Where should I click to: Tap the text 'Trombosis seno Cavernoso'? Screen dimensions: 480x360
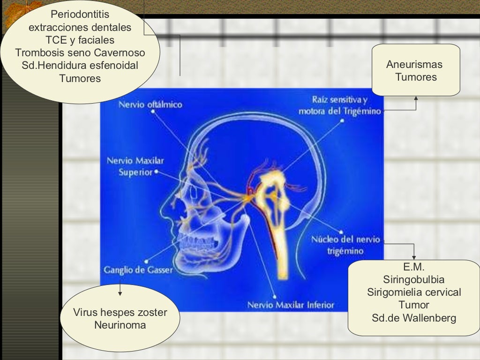point(80,53)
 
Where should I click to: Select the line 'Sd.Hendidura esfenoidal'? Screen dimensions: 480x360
point(80,66)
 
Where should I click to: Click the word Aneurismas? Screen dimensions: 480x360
point(414,65)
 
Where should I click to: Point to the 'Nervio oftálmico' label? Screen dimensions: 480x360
point(150,104)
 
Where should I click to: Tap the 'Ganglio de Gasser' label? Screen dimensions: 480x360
point(138,270)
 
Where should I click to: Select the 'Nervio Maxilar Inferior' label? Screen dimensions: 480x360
point(291,305)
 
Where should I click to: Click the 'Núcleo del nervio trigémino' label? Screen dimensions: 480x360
point(345,245)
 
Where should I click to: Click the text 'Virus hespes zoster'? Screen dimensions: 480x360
point(120,313)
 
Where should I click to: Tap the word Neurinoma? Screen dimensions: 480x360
point(120,325)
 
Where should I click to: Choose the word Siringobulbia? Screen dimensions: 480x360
point(414,280)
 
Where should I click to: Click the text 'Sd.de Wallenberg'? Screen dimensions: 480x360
point(414,318)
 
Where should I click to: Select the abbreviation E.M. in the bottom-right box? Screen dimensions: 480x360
point(414,268)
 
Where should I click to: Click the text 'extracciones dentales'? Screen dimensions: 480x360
point(80,28)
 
